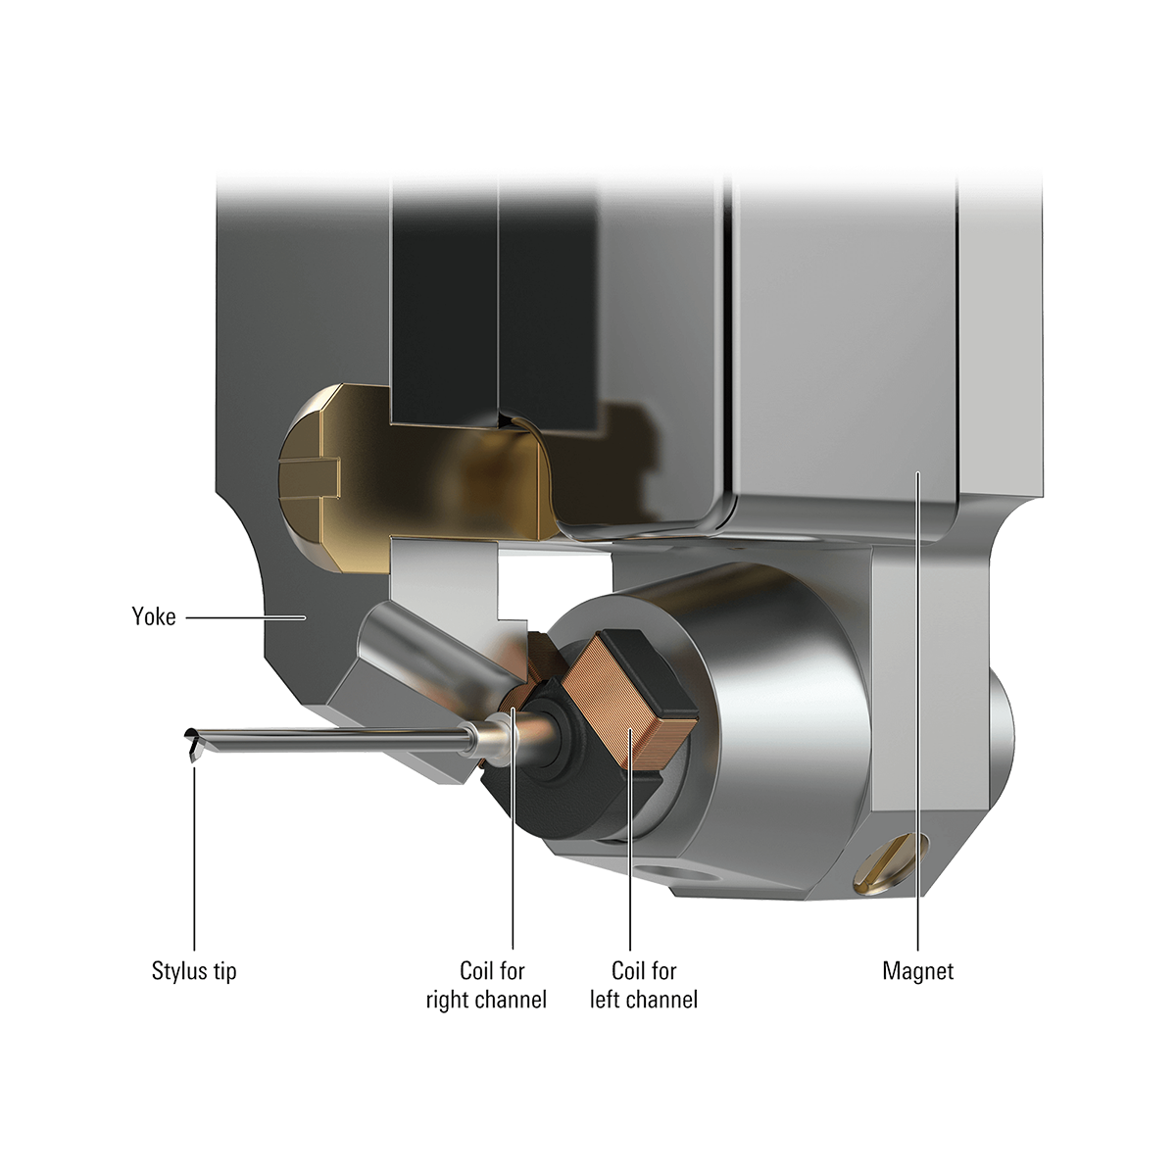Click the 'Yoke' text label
[x=154, y=617]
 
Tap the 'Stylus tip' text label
[x=194, y=972]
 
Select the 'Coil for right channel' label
[x=487, y=986]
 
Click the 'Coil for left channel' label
[x=644, y=986]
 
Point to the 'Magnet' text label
[x=918, y=972]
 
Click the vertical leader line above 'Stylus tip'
[x=194, y=862]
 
